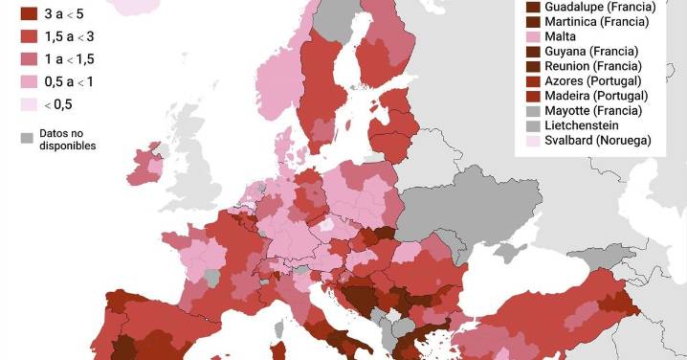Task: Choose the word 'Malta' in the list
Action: [561, 36]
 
